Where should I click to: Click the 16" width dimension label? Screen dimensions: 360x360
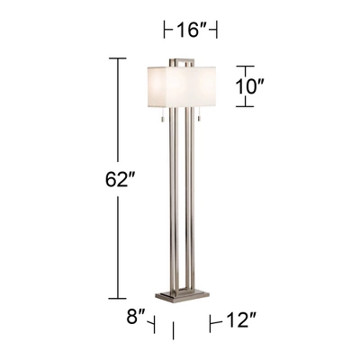coord(192,31)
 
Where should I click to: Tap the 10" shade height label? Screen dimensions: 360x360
coord(251,87)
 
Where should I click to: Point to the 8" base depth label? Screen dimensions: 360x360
coord(134,317)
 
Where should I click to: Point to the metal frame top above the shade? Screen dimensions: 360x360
coord(184,60)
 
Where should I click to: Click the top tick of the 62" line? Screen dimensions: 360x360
coord(115,58)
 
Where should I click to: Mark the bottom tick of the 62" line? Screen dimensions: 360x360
coord(115,297)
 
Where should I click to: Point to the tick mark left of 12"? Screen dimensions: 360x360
coord(210,319)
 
